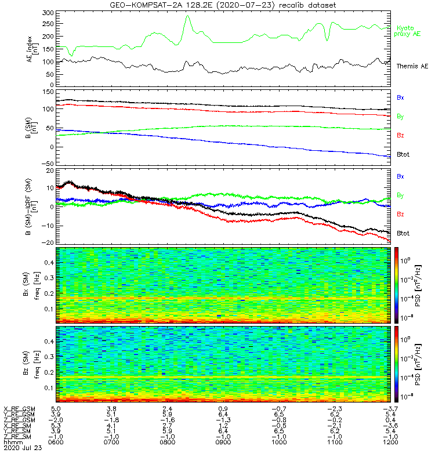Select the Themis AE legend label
(411, 66)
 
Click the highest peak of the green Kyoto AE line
(187, 16)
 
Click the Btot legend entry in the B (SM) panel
(403, 155)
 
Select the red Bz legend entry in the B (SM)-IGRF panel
(400, 215)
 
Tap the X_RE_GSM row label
(19, 409)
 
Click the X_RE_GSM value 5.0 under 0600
(56, 409)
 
